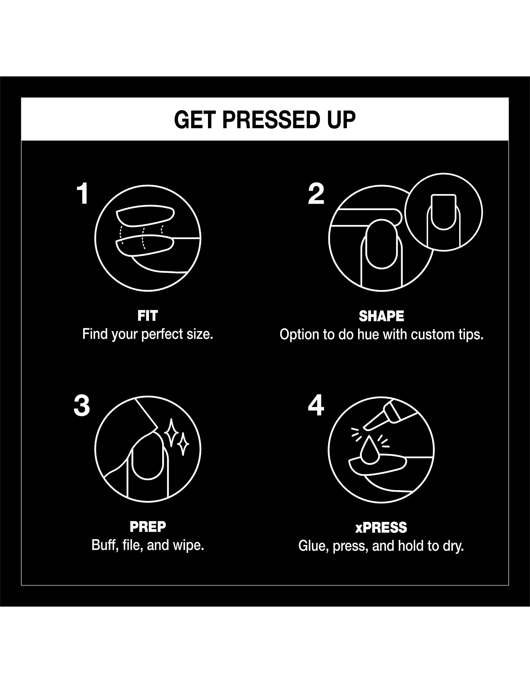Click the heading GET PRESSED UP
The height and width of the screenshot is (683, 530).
coord(265,120)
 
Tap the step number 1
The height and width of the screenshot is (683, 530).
coord(83,194)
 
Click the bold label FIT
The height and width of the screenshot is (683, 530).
coord(148,316)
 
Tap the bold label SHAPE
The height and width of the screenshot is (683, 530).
coord(381,316)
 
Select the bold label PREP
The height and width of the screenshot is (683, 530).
coord(148,527)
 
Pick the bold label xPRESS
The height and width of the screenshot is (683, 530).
coord(381,527)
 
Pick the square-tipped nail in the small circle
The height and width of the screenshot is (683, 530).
coord(443,212)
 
